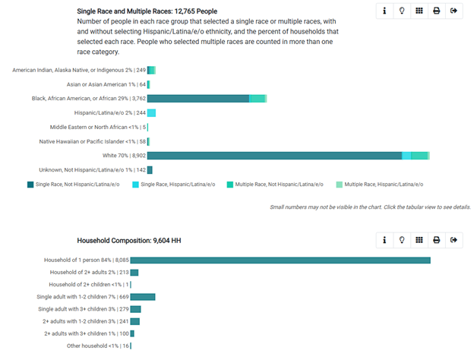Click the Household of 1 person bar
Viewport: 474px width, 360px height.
coord(280,261)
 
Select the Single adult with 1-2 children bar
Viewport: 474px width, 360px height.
coord(143,297)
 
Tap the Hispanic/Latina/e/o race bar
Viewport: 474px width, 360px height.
coord(151,113)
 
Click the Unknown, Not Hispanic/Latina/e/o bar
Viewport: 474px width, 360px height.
coord(150,170)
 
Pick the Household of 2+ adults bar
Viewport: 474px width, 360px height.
coord(134,273)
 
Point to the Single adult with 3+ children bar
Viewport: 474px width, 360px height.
coord(136,309)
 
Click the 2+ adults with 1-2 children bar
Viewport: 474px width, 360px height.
coord(135,321)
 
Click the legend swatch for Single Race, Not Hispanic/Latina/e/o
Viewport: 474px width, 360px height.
coord(30,185)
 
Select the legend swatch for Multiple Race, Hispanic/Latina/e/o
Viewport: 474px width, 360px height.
coord(339,185)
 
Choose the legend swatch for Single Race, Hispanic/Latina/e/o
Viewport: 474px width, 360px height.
coord(135,185)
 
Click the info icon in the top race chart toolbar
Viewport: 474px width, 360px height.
coord(384,11)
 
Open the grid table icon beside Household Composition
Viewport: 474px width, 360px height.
coord(419,240)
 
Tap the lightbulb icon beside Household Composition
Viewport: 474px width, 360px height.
coord(402,240)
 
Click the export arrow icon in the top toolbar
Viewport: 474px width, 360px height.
coord(453,11)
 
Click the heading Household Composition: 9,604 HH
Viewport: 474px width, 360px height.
coord(129,241)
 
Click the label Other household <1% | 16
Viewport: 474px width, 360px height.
coord(98,346)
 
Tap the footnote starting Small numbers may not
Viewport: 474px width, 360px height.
coord(370,207)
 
